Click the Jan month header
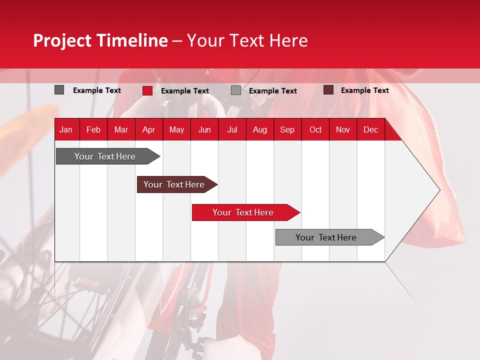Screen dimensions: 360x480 [x=66, y=130]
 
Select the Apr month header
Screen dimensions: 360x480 [x=148, y=130]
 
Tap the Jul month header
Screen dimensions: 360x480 [x=232, y=130]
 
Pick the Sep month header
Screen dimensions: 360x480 [x=287, y=130]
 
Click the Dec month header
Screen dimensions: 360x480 [x=370, y=130]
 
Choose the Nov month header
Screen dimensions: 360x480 [x=342, y=130]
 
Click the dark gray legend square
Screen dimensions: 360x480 [x=59, y=90]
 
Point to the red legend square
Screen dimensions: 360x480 [x=147, y=90]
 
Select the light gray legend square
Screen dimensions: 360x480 [x=236, y=90]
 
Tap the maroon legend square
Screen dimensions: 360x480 [x=328, y=90]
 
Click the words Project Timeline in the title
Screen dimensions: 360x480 [x=100, y=40]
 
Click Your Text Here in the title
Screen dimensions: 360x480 [x=247, y=40]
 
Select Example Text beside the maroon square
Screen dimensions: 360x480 [x=364, y=90]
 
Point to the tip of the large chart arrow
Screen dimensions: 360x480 [x=439, y=189]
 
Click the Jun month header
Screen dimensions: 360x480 [x=204, y=130]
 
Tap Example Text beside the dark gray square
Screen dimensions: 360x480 [x=96, y=90]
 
